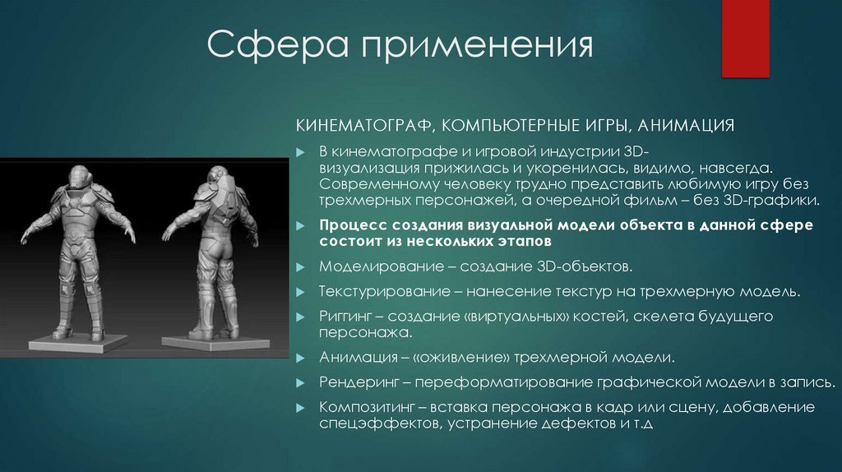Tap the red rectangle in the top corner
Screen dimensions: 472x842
coord(744,38)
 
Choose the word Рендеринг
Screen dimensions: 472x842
coord(359,382)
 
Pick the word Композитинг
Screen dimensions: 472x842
coord(367,407)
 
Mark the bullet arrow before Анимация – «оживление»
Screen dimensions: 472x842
coord(301,359)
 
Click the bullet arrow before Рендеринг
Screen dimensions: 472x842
coord(301,383)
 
